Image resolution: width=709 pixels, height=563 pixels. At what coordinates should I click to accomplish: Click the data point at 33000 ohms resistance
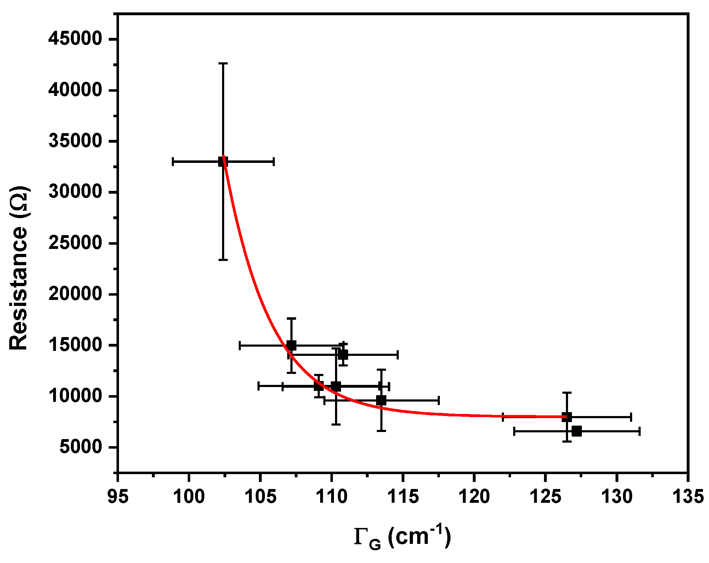(x=223, y=162)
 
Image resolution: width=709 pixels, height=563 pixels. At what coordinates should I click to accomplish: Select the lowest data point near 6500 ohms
(x=577, y=431)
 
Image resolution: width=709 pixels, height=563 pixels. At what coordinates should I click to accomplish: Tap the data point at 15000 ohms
(x=291, y=345)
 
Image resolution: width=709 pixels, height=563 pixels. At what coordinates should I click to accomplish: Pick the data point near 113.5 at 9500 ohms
(x=381, y=400)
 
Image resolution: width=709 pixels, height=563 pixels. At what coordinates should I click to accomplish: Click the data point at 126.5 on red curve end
(x=567, y=417)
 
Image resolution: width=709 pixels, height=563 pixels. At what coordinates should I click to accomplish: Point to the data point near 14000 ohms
(x=343, y=354)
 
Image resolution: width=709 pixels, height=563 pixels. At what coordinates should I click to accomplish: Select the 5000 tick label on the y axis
(x=81, y=447)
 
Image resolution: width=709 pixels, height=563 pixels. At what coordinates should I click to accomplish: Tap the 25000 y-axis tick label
(x=75, y=243)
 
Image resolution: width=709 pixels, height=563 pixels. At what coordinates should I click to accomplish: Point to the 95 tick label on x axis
(x=118, y=497)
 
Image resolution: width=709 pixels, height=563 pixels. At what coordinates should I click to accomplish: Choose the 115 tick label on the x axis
(x=403, y=497)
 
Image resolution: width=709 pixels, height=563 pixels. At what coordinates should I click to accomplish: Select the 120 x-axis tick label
(x=474, y=497)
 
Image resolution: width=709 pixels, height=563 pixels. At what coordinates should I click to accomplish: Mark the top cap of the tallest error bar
(x=223, y=63)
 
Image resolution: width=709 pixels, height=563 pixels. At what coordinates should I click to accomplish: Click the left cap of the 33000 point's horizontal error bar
(x=172, y=162)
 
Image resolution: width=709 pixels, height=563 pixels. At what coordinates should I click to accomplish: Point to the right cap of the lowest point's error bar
(x=640, y=431)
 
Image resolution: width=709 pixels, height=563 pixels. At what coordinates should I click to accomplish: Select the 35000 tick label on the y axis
(x=75, y=141)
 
